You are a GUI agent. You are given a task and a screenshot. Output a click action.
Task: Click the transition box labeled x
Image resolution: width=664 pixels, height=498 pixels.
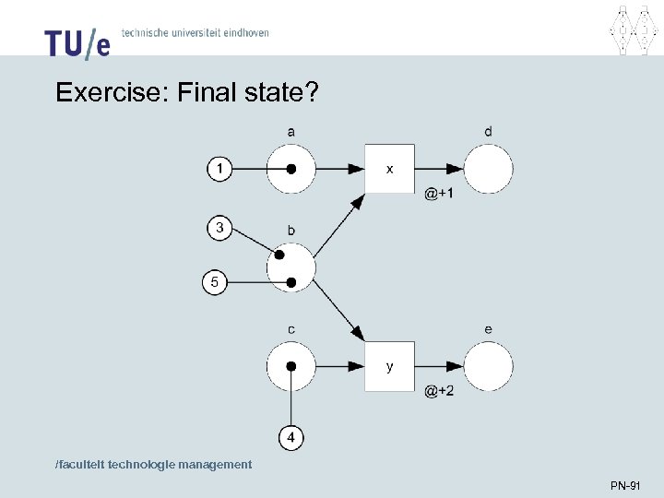[x=389, y=169]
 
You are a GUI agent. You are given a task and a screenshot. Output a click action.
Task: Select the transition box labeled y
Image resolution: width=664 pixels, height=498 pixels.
[x=389, y=366]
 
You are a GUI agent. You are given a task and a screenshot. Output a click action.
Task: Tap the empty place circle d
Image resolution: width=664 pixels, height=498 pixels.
[x=488, y=169]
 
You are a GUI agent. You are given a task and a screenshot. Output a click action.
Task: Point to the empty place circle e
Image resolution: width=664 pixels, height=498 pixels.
[x=488, y=366]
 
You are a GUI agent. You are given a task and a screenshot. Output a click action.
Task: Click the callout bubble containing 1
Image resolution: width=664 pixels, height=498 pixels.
[x=219, y=169]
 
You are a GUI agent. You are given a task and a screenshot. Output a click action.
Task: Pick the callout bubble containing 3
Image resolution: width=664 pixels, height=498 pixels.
[x=219, y=228]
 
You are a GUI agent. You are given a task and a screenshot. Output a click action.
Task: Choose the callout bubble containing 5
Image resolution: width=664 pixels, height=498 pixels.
[x=215, y=282]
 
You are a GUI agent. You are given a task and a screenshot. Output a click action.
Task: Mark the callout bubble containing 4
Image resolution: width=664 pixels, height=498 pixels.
[x=291, y=436]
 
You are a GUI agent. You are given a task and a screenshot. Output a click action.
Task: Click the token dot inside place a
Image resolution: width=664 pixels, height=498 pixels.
[x=290, y=170]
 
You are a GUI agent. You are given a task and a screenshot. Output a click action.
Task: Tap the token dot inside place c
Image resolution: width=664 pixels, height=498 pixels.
[x=290, y=366]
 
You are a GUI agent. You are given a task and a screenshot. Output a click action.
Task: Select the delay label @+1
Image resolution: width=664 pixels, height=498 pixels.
[x=439, y=194]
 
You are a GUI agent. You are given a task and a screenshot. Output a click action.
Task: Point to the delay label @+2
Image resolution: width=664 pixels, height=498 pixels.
[x=439, y=391]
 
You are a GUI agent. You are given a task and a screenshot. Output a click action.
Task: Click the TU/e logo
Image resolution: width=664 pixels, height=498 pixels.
[x=77, y=42]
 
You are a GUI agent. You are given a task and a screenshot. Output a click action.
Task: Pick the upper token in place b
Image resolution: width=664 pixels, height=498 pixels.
[x=279, y=255]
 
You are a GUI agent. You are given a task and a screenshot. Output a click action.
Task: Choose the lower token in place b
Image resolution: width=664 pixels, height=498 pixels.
[x=291, y=282]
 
